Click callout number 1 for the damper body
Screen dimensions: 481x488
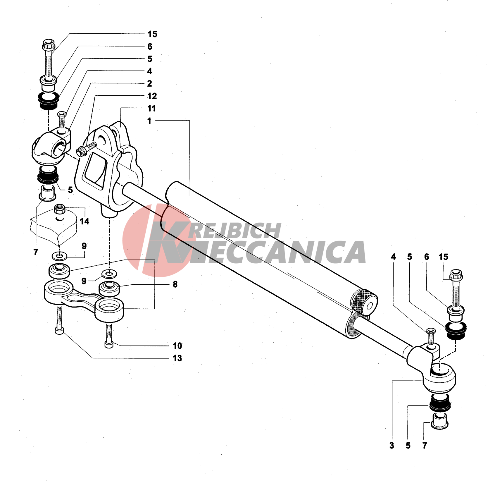(149, 121)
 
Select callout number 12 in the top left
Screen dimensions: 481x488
(152, 96)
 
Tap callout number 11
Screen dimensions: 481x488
(151, 109)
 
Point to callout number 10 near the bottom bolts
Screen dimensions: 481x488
(177, 346)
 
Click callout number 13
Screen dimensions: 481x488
(177, 358)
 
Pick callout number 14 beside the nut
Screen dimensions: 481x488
(85, 221)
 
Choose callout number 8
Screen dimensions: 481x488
(175, 284)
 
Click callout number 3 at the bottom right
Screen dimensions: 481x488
(392, 446)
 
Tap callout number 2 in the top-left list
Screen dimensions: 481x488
(149, 84)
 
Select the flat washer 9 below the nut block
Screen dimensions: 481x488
(59, 256)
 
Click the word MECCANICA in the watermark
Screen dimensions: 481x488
(278, 252)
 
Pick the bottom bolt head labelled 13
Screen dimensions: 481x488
(59, 331)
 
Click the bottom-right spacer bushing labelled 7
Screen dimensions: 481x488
(439, 421)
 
